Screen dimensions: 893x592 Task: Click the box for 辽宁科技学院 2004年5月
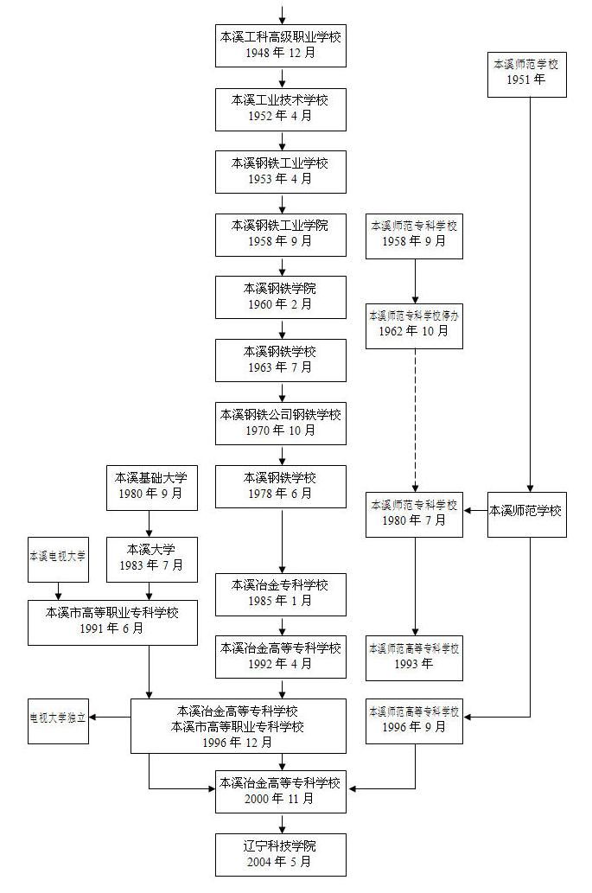pos(281,854)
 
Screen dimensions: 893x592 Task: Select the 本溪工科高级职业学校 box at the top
pos(281,45)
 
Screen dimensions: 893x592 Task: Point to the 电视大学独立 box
pos(58,717)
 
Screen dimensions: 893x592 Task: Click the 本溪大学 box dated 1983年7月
pos(152,558)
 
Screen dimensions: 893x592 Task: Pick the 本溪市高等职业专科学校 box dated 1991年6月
pos(112,621)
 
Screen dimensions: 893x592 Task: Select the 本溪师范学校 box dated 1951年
pos(525,73)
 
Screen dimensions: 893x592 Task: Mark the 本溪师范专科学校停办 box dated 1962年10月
pos(414,323)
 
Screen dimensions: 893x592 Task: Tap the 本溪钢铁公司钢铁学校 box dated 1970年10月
pos(281,423)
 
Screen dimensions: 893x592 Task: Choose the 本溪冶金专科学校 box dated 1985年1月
pos(281,594)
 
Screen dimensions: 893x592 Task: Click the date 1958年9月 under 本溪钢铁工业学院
pos(281,241)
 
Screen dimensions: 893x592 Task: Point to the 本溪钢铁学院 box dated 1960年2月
pos(281,297)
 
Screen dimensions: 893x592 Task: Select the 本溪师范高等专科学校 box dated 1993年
pos(414,656)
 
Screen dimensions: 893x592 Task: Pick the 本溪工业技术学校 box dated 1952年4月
pos(281,108)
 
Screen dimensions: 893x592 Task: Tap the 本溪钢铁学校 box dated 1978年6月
pos(281,486)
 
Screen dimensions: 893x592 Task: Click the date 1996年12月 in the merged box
pos(238,742)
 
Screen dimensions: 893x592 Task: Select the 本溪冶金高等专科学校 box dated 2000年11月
pos(281,790)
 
